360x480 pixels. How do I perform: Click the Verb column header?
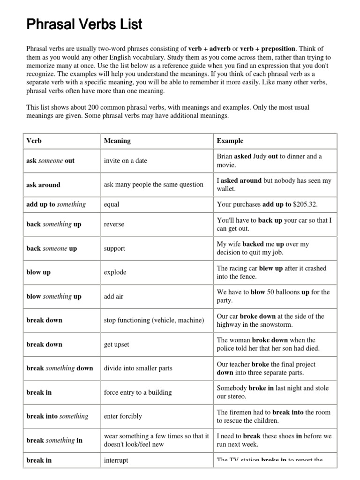coord(34,141)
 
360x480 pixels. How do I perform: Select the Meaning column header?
coord(117,141)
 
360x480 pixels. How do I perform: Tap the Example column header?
coord(230,141)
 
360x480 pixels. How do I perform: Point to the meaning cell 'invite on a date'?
coord(125,161)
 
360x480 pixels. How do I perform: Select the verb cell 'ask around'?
coord(43,185)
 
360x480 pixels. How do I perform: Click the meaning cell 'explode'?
coord(115,272)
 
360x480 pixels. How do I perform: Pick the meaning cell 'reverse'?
coord(114,225)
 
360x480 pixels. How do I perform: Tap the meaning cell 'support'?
coord(114,248)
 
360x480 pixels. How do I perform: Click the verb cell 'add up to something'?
coord(56,204)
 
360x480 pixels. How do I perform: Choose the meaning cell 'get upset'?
coord(116,345)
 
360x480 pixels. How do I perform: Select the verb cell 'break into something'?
coord(57,416)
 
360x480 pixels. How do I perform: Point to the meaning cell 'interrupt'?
coord(116,460)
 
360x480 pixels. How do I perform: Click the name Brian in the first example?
coord(225,157)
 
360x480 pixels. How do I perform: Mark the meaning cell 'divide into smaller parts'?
coord(138,368)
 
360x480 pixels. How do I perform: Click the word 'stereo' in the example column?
coord(238,396)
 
